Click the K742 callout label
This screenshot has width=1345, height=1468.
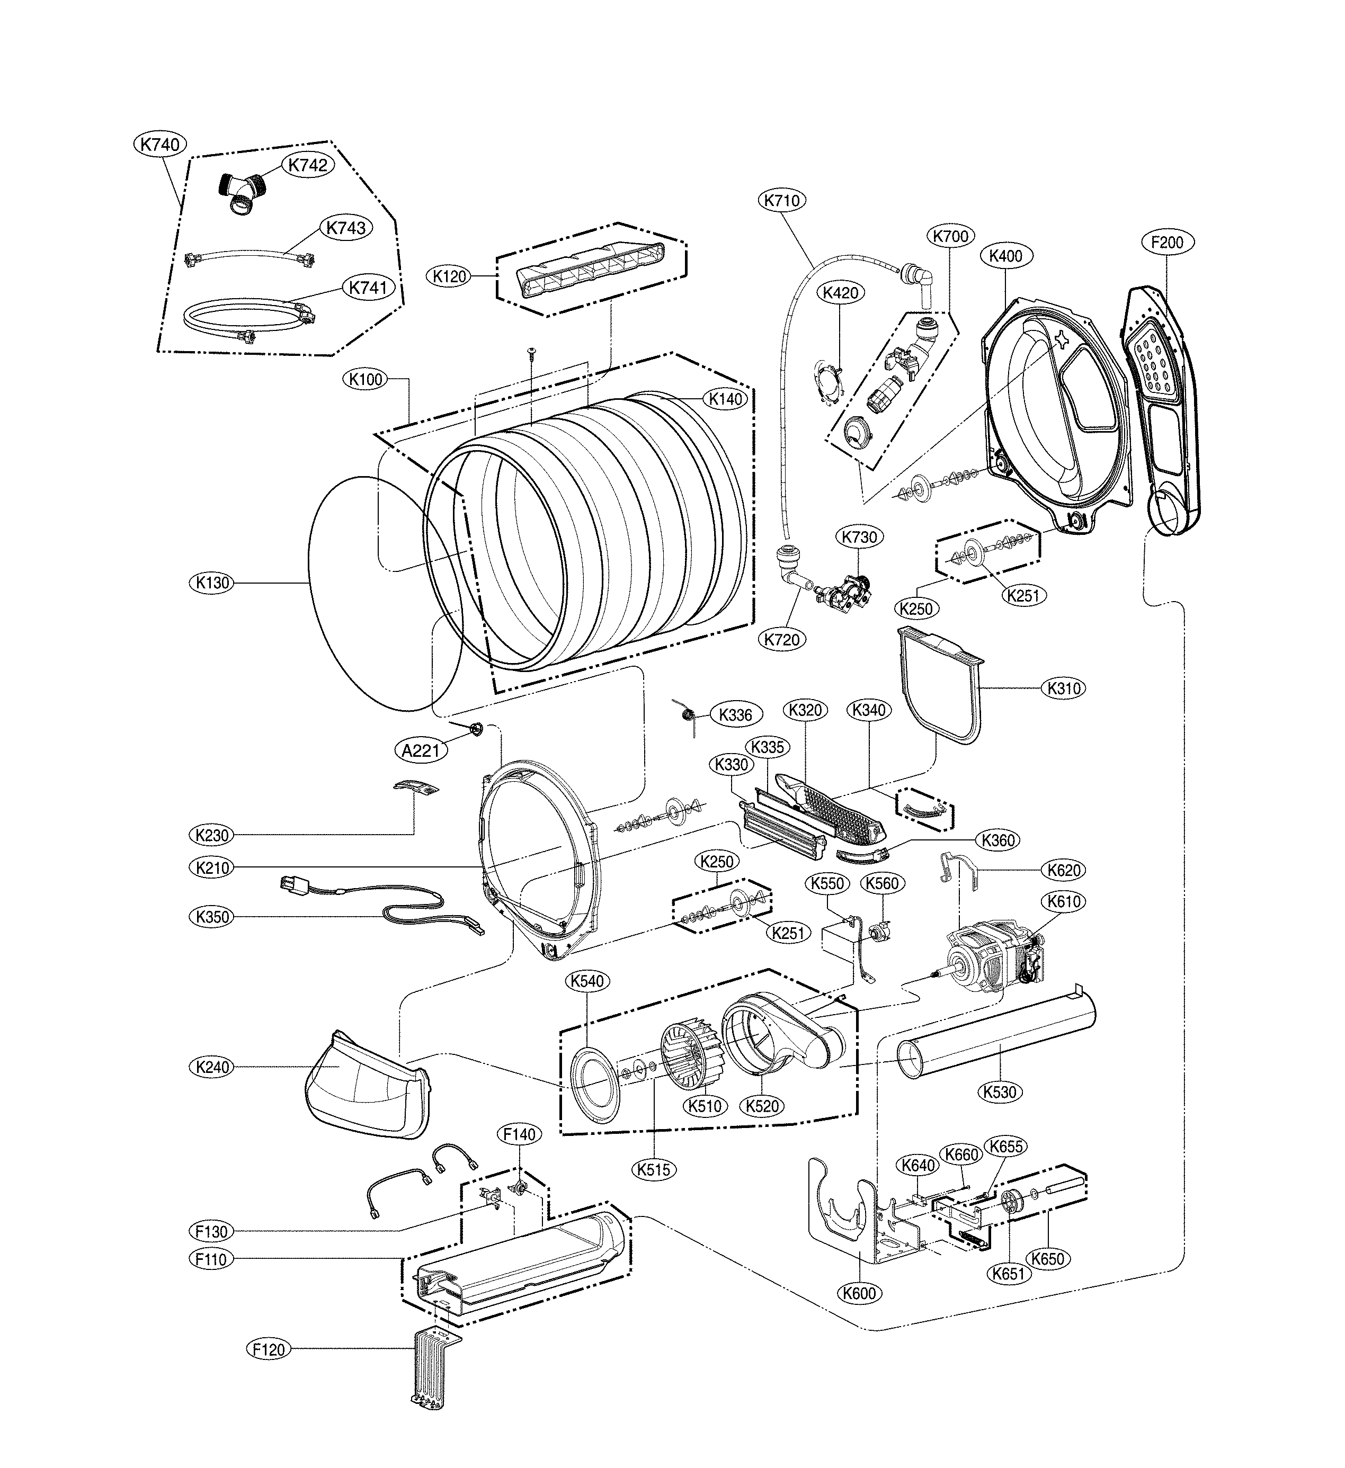307,165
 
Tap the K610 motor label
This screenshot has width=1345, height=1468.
1064,901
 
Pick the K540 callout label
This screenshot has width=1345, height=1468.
587,981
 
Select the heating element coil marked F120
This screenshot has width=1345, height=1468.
435,1366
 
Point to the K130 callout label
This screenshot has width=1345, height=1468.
212,583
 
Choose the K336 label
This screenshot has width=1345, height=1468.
735,714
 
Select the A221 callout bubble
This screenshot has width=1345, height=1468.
421,749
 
